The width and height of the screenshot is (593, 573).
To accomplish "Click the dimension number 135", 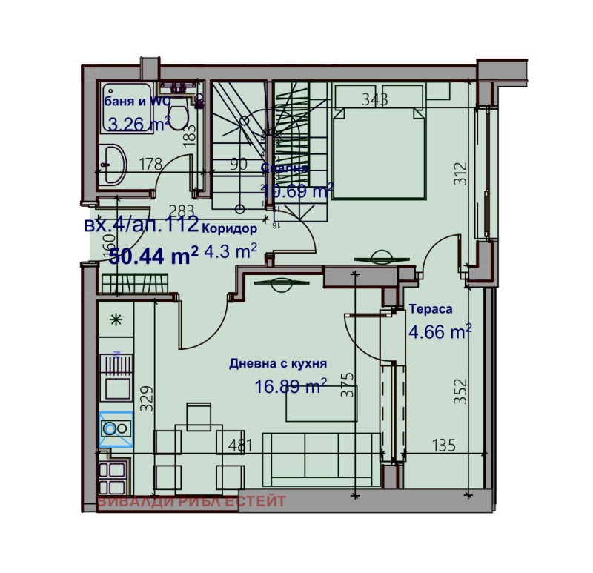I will pos(443,445).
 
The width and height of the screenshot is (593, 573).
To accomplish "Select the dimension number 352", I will pos(460,391).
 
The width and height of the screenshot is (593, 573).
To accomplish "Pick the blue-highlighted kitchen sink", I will pos(115,428).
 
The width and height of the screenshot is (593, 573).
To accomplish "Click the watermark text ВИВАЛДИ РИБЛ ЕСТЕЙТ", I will pos(191,502).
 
